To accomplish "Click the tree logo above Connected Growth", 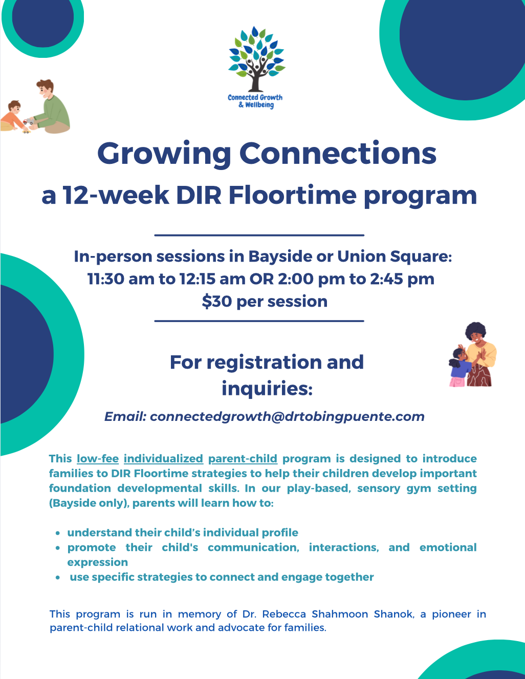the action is pos(256,59).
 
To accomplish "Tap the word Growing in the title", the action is pos(164,154).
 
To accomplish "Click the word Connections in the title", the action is pos(338,153).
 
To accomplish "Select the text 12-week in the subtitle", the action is pos(116,195).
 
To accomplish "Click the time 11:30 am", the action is pos(121,279).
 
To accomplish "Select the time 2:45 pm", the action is pos(402,279).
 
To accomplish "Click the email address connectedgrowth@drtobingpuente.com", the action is pos(287,417).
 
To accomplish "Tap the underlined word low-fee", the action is pos(98,459).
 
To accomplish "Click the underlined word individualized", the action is pos(164,459).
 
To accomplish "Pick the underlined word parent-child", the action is pos(243,459).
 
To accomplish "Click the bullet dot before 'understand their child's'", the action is pos(58,534).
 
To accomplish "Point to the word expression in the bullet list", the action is pos(98,562).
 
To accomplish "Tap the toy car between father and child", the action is pos(29,121).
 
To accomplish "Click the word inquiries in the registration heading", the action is pos(267,388).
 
